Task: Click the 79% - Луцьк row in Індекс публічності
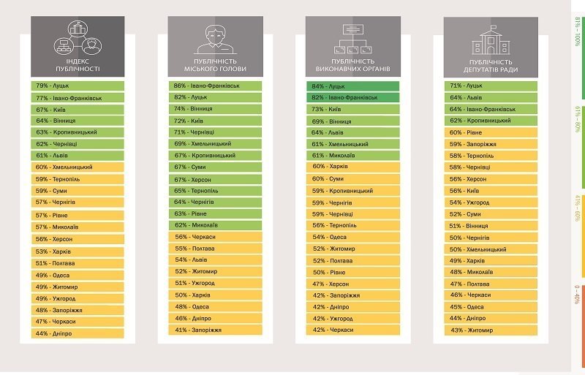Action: [77, 86]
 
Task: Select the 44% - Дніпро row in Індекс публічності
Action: [77, 333]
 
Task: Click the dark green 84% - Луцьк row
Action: [353, 86]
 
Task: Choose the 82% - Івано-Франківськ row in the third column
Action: [353, 97]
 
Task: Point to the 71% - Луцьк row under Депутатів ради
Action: [491, 86]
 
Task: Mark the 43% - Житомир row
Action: [491, 330]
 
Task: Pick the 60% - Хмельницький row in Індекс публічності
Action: [77, 167]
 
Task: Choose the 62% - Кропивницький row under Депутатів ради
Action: [491, 121]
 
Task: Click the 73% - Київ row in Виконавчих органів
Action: [353, 109]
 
